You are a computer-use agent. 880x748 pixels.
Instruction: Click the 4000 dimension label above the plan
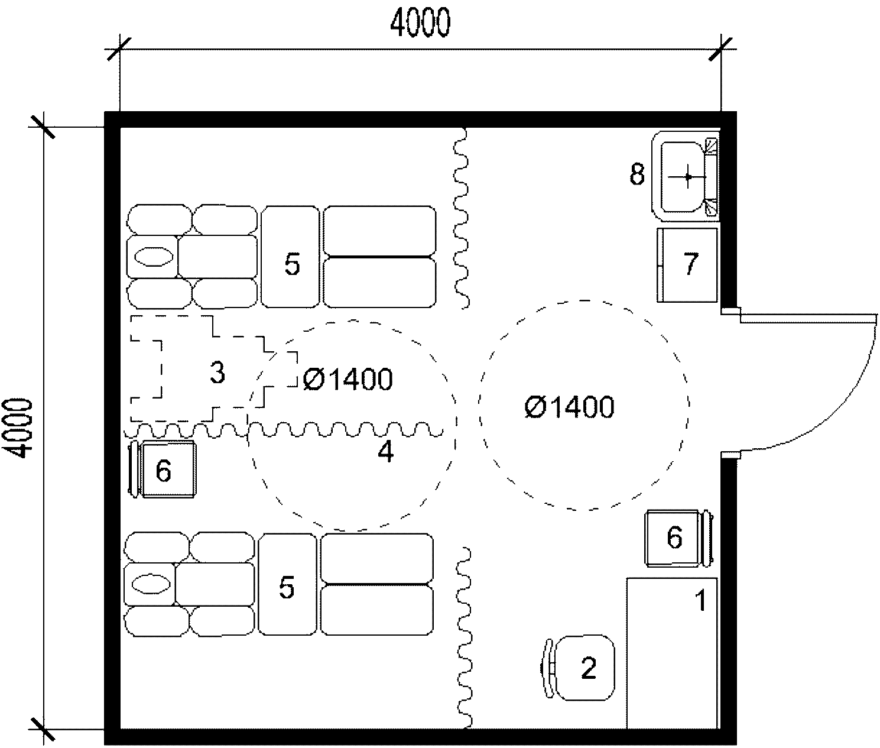pos(420,24)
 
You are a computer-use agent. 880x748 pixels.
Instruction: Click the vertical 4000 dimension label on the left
pos(20,429)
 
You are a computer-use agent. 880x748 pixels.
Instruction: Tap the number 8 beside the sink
pos(637,174)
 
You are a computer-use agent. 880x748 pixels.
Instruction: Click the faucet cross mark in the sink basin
pos(687,177)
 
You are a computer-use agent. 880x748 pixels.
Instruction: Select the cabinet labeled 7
pos(687,265)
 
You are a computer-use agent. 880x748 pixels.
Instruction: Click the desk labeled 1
pos(672,653)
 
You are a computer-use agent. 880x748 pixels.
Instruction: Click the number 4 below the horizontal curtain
pos(386,452)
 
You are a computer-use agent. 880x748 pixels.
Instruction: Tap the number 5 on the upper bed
pos(292,264)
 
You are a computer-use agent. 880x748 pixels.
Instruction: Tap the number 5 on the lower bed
pos(287,588)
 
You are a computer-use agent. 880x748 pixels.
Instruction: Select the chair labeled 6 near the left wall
pos(163,469)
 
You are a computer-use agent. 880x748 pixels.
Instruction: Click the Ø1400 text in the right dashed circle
pos(569,407)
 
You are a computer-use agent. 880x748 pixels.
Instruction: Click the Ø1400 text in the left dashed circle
pos(348,380)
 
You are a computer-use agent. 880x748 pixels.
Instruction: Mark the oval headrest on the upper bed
pos(154,257)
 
